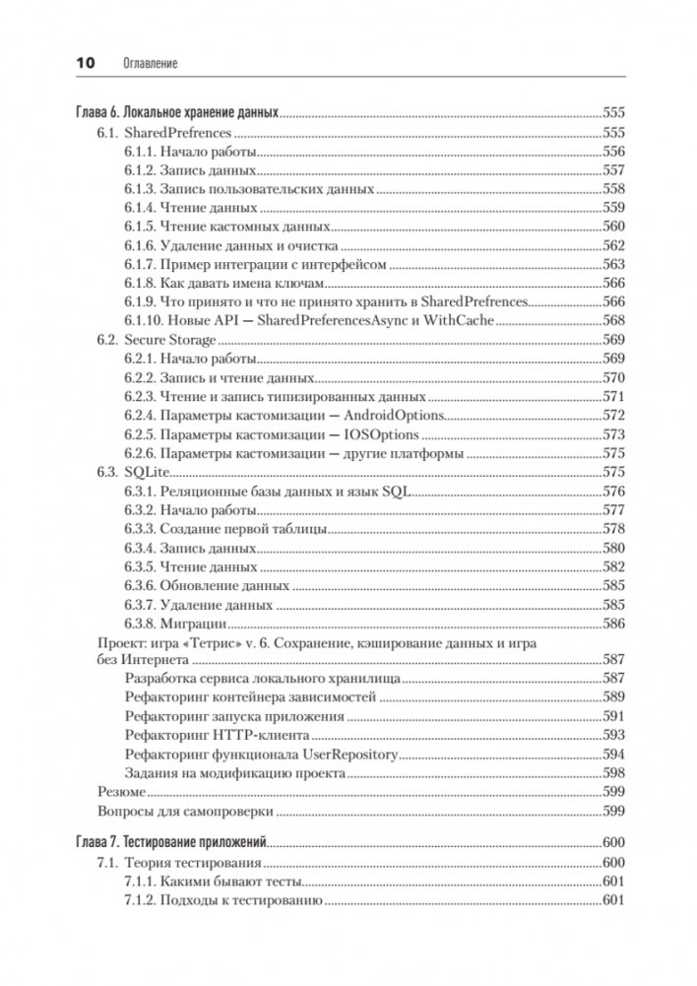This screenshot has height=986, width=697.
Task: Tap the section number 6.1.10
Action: coord(146,321)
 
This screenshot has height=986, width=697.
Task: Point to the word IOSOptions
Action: coord(380,434)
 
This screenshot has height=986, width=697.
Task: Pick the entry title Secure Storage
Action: coord(170,340)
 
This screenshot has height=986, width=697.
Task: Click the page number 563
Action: coord(613,264)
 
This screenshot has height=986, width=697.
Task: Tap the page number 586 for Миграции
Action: coord(613,624)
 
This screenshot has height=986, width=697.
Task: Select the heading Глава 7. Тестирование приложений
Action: coord(172,843)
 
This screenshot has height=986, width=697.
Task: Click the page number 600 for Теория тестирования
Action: coord(613,862)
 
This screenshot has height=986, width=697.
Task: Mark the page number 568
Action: coord(613,321)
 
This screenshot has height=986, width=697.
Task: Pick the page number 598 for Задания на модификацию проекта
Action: coord(613,773)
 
